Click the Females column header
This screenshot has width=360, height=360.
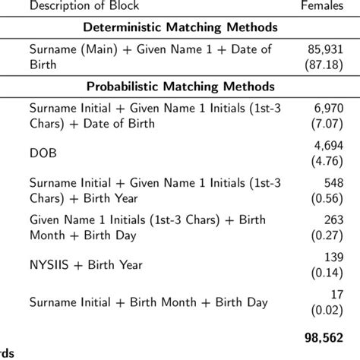pos(322,6)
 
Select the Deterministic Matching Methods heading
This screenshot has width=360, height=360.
pos(179,28)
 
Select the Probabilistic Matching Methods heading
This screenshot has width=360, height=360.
pos(179,86)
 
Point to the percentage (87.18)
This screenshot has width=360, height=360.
pos(326,65)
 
